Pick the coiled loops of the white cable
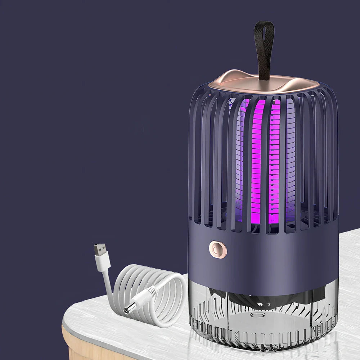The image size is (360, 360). point(158,288)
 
